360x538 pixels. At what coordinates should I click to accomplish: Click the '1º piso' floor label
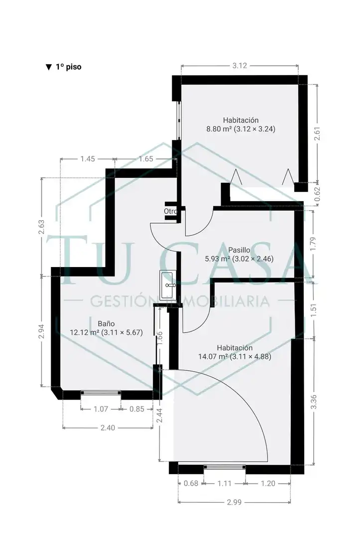coord(68,67)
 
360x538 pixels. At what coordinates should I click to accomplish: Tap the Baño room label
coord(106,324)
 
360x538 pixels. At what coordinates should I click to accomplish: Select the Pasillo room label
coord(240,250)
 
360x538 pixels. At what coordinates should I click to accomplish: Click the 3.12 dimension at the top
coord(240,66)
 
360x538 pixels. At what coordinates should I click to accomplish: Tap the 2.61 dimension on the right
coord(317,134)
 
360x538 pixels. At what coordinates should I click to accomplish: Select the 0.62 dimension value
coord(317,194)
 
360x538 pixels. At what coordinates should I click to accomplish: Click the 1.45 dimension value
coord(88,159)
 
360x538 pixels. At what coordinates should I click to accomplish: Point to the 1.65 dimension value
coord(146,159)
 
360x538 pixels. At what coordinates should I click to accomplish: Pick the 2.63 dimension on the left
coord(41,227)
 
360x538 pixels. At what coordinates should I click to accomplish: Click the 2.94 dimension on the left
coord(41,331)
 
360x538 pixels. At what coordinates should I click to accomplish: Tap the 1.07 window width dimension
coord(101,409)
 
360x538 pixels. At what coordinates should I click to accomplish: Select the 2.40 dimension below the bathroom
coord(108,428)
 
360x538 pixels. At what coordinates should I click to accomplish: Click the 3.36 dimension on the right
coord(313,402)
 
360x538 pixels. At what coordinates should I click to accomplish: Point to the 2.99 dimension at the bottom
coord(234,502)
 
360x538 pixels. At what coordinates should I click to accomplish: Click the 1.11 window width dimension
coord(225,483)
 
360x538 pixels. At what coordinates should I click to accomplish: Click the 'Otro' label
coord(170,211)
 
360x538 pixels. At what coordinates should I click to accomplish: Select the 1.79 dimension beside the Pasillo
coord(313,243)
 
